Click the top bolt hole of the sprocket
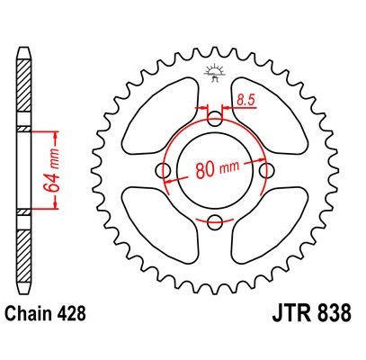(x=215, y=119)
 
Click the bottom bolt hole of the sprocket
(x=215, y=222)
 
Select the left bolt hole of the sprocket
(x=163, y=171)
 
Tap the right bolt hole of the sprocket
(x=266, y=171)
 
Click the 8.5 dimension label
(x=245, y=100)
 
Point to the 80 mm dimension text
(x=218, y=168)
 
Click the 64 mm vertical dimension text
(x=50, y=170)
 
